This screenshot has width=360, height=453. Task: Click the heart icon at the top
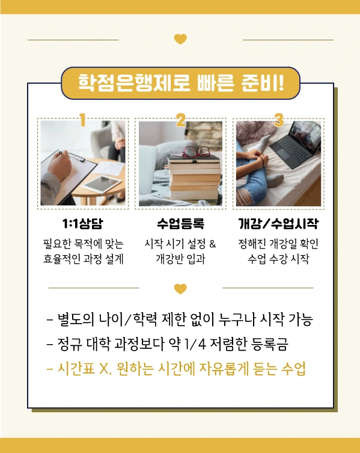[x=180, y=39]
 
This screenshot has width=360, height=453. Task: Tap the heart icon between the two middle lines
[x=180, y=289]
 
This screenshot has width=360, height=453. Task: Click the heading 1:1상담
[x=82, y=224]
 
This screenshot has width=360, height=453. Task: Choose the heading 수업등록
[x=180, y=224]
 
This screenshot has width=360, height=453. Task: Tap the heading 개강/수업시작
[x=278, y=224]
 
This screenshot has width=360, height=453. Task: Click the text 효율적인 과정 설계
[x=82, y=260]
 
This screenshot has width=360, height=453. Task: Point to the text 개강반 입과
[x=180, y=260]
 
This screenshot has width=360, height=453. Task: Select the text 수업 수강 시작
[x=278, y=260]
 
